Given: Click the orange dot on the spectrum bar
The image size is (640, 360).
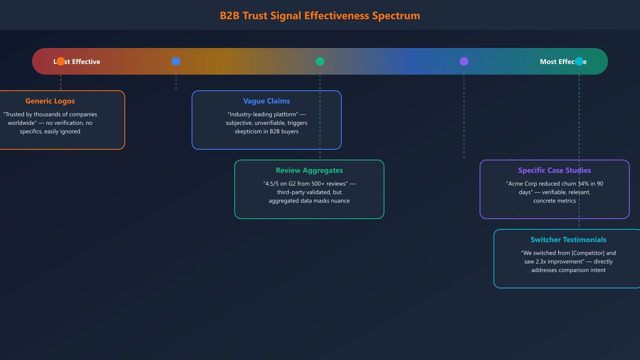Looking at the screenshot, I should coord(60,61).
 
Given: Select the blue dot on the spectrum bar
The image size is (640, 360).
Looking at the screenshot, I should coord(176,61).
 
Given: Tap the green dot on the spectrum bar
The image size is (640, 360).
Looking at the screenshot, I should coord(320,61).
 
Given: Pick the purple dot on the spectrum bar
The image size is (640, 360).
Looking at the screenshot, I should coord(464,61).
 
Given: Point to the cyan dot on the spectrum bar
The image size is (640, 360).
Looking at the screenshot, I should coord(579,61).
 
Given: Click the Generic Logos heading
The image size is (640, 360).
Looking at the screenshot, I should coord(50,101).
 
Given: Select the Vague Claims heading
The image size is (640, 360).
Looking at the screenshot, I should coord(266,101).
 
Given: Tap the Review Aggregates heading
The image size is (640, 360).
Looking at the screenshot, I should coord(309,170).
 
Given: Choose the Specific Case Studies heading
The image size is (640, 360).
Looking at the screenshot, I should coord(554,170).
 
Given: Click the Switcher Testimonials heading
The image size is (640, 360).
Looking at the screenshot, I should coord(568,240).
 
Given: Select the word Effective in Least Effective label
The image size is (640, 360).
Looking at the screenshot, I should coord(86,62).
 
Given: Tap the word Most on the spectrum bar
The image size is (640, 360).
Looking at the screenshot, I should coord(548,62).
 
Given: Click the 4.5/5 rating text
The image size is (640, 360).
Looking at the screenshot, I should coord(272,184).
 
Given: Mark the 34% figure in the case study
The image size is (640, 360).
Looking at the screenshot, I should coord(583,184).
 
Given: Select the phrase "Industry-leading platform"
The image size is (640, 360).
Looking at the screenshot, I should coord(263,114).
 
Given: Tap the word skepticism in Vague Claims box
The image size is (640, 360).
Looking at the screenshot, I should coord(248,132).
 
